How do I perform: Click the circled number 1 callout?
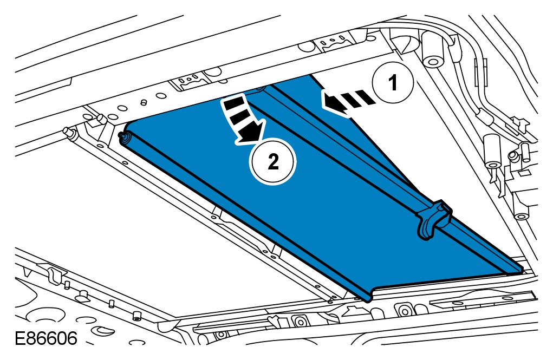tap(393, 83)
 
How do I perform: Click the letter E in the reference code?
tap(20, 339)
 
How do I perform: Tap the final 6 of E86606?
tap(70, 339)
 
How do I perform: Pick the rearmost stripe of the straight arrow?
tap(368, 98)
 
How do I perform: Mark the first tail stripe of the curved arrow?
tap(235, 103)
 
